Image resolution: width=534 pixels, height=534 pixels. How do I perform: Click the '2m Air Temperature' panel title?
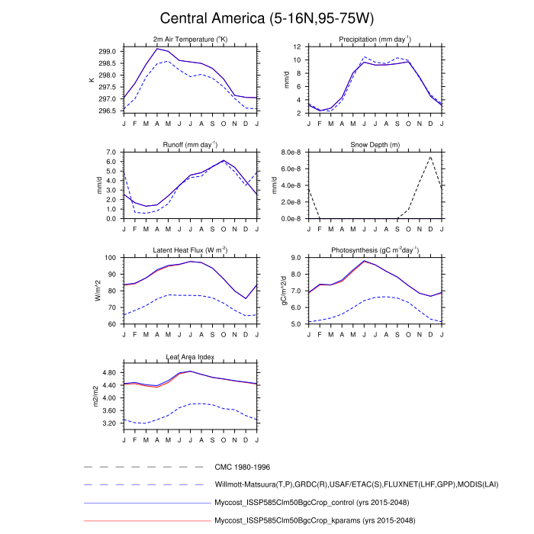(x=190, y=39)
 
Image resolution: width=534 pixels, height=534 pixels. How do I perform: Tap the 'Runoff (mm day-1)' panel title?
(x=190, y=144)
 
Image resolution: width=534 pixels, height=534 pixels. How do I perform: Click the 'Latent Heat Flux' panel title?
(x=190, y=250)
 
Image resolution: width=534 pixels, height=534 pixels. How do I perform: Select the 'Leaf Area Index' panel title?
(x=190, y=356)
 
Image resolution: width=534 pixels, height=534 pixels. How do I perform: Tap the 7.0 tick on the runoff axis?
(x=111, y=153)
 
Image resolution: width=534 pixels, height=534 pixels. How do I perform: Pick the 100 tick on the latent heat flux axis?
(x=109, y=258)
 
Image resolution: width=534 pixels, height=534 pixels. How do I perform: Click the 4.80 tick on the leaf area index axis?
(x=108, y=372)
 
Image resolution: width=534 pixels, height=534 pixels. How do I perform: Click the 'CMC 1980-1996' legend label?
(x=242, y=466)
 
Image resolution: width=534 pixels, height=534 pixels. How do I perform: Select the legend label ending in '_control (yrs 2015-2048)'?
(x=315, y=503)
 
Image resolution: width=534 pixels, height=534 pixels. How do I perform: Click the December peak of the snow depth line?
(x=430, y=156)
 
